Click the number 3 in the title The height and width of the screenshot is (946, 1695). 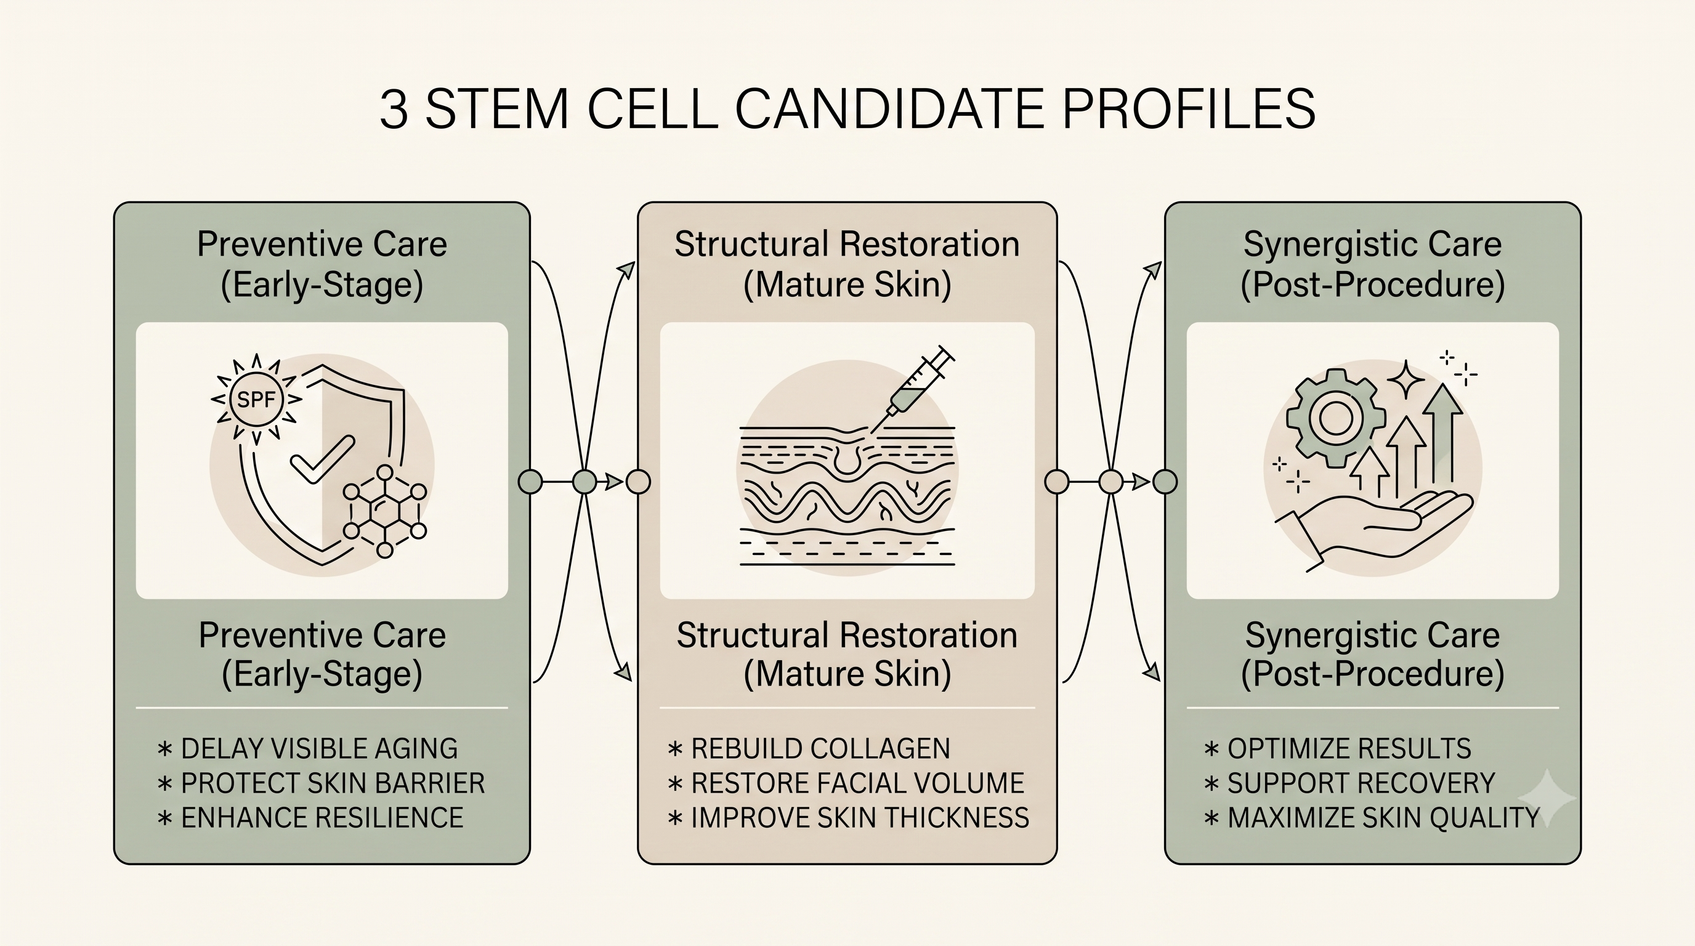pos(394,108)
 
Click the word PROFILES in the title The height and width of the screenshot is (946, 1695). pos(1188,108)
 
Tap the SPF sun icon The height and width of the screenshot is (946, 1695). pos(256,398)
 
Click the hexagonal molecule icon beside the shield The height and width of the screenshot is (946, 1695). pos(385,511)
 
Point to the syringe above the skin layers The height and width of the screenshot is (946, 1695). pos(912,389)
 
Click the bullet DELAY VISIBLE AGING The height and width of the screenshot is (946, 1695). pos(308,749)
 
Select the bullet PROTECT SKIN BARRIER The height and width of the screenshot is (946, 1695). pos(321,783)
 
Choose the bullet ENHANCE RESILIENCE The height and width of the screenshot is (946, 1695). pos(310,818)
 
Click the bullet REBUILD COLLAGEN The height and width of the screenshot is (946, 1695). pos(809,749)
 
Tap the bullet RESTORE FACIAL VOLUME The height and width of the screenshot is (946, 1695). pos(846,783)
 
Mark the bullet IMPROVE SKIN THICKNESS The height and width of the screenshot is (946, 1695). pos(849,818)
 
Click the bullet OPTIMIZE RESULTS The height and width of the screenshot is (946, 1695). pos(1338,749)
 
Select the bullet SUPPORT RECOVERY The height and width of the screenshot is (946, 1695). pos(1349,783)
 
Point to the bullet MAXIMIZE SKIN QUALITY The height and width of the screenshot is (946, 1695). pos(1372,818)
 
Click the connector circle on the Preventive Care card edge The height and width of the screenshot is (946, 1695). pos(530,482)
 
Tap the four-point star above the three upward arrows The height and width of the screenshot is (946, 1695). pos(1406,379)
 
